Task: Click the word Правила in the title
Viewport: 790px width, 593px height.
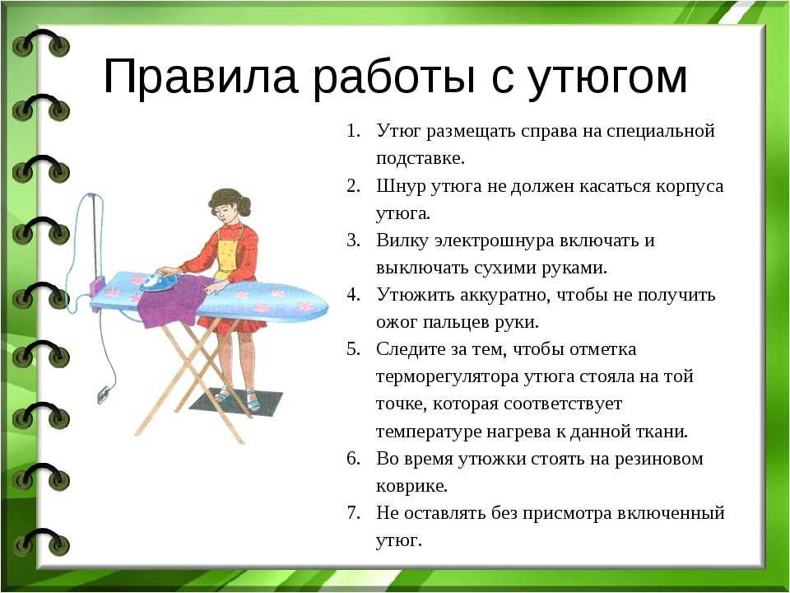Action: pyautogui.click(x=201, y=76)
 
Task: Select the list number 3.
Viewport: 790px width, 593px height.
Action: pyautogui.click(x=354, y=240)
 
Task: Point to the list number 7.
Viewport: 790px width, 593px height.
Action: pyautogui.click(x=354, y=512)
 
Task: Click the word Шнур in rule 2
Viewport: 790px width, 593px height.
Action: pyautogui.click(x=401, y=187)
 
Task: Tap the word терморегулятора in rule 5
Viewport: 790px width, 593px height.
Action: pyautogui.click(x=447, y=377)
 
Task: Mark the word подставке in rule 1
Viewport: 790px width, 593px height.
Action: pyautogui.click(x=421, y=158)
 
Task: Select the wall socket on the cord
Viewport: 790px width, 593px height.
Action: pyautogui.click(x=104, y=395)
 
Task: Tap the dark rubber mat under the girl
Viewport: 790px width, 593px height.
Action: pyautogui.click(x=235, y=401)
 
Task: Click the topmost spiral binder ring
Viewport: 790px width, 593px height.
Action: pyautogui.click(x=41, y=44)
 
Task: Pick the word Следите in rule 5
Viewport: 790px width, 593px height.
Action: pyautogui.click(x=411, y=349)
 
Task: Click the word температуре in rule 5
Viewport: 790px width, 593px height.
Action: pyautogui.click(x=429, y=432)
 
